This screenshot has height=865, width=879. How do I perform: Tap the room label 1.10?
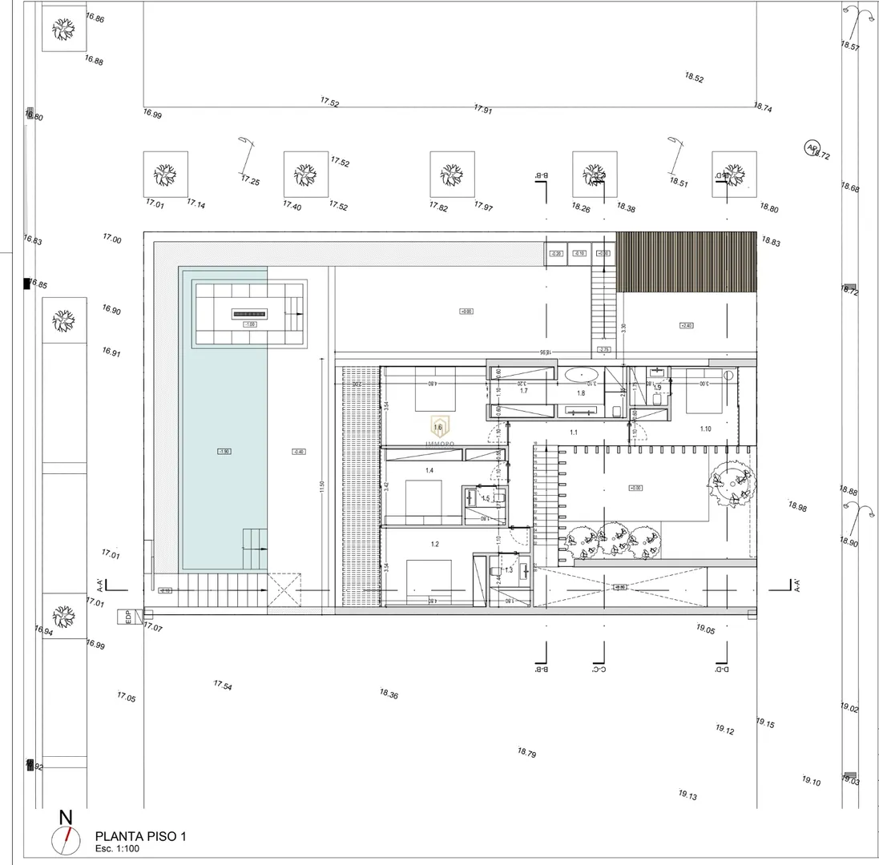[705, 429]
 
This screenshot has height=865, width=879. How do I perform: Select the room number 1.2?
[434, 545]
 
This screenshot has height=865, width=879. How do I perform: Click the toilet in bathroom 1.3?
[494, 570]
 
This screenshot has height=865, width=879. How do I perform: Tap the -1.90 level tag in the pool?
[224, 452]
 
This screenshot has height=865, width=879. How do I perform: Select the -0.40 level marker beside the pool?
[299, 452]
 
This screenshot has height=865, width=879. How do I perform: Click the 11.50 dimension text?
[322, 488]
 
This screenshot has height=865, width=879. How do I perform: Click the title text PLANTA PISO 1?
[140, 836]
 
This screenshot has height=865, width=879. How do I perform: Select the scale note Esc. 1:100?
[117, 848]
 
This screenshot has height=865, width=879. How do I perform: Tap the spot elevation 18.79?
[526, 753]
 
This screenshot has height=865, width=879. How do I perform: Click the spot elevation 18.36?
[389, 694]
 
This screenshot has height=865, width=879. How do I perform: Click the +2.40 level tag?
[686, 325]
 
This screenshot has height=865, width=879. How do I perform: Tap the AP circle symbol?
[812, 147]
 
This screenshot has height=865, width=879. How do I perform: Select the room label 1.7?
[523, 391]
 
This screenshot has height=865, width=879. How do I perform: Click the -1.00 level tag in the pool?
[250, 324]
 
